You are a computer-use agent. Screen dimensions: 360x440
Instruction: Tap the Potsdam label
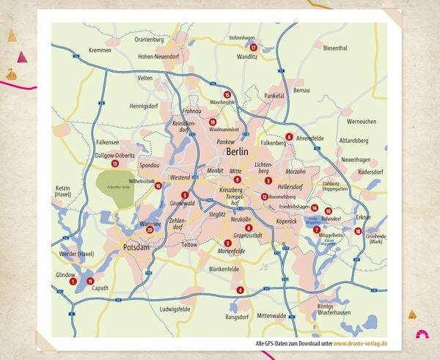[x=136, y=247]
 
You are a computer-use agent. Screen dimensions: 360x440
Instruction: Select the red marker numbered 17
[x=253, y=48]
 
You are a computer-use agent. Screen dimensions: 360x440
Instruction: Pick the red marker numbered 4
[x=240, y=290]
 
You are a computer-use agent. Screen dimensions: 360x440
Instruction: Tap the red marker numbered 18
[x=358, y=231]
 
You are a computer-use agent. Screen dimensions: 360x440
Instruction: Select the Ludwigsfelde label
[x=175, y=309]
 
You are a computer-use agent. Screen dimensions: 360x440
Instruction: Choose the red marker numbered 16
[x=158, y=185]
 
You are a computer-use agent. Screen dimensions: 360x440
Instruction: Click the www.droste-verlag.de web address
[x=361, y=343]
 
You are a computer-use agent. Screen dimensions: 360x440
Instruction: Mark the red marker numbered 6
[x=289, y=136]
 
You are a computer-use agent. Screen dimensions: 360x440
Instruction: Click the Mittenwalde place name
[x=271, y=316]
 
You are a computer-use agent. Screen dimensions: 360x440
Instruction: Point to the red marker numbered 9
[x=237, y=180]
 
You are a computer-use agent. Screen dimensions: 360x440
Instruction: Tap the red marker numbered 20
[x=150, y=229]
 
